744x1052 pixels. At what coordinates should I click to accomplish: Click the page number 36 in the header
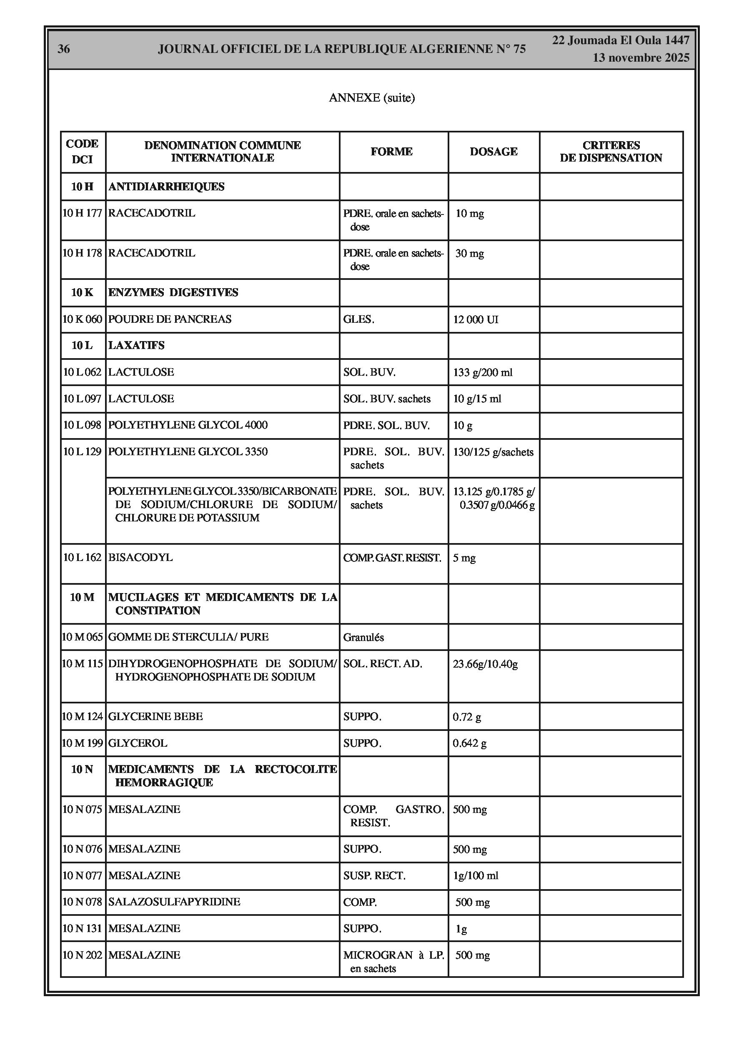pyautogui.click(x=64, y=49)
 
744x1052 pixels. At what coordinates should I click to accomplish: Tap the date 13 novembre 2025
pyautogui.click(x=641, y=58)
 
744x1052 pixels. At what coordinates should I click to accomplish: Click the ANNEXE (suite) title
pyautogui.click(x=371, y=97)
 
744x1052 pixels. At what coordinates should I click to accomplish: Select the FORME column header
pyautogui.click(x=391, y=152)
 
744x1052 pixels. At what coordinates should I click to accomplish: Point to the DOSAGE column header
pyautogui.click(x=493, y=152)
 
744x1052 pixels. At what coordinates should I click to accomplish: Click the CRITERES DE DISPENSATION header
pyautogui.click(x=611, y=152)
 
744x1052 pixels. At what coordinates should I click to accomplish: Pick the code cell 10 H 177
pyautogui.click(x=83, y=213)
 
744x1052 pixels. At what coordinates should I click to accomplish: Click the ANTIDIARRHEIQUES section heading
pyautogui.click(x=166, y=187)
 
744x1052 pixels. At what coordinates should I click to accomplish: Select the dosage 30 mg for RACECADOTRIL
pyautogui.click(x=469, y=253)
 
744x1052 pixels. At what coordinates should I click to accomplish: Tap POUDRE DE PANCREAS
pyautogui.click(x=170, y=319)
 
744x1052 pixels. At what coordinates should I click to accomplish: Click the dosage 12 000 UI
pyautogui.click(x=476, y=319)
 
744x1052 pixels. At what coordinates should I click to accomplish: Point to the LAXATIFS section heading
pyautogui.click(x=136, y=346)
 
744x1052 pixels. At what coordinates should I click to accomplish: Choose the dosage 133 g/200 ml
pyautogui.click(x=483, y=372)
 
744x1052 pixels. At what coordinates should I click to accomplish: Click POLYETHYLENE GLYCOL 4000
pyautogui.click(x=188, y=425)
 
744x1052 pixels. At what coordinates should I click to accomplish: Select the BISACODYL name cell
pyautogui.click(x=140, y=557)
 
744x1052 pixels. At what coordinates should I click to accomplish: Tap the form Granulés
pyautogui.click(x=363, y=637)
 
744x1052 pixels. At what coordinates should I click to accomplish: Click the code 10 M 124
pyautogui.click(x=83, y=716)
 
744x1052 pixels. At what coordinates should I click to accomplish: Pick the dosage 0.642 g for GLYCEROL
pyautogui.click(x=469, y=743)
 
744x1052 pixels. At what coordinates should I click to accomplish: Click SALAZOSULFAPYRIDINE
pyautogui.click(x=174, y=901)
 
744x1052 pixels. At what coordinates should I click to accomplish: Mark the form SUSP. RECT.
pyautogui.click(x=374, y=875)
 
